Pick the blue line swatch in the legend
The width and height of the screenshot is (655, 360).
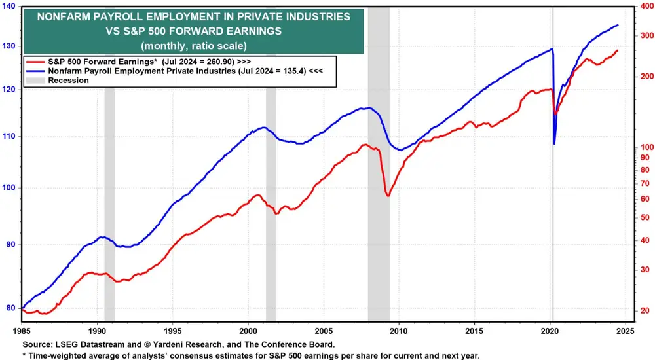(33, 69)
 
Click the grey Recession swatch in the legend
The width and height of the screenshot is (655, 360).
(33, 80)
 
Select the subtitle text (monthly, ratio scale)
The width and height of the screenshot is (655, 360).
(193, 46)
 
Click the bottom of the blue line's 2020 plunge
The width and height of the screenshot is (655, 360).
(554, 144)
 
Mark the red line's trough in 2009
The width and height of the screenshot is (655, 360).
(388, 195)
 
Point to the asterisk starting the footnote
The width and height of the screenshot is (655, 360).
(24, 355)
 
